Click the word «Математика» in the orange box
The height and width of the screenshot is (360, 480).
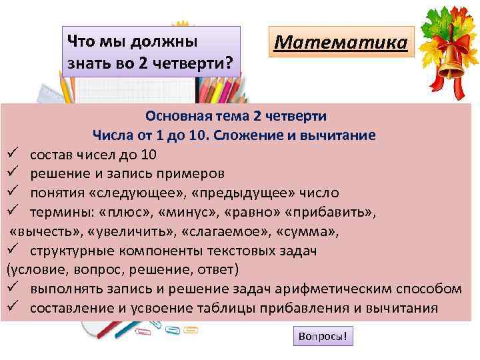(340, 43)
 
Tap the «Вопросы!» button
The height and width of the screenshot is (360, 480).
(323, 336)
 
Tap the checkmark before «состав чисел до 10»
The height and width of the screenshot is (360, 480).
(12, 155)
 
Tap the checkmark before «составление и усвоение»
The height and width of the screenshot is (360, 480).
(12, 308)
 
